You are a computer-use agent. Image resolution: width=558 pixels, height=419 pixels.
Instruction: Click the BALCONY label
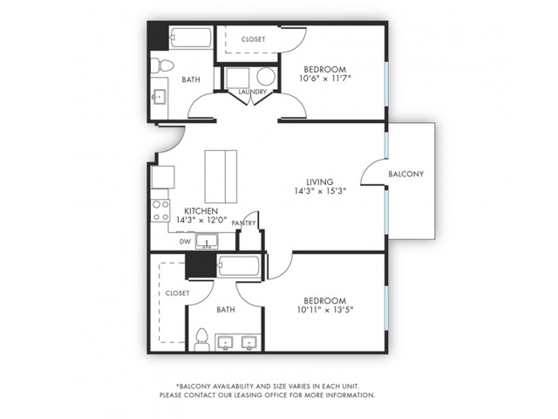405,175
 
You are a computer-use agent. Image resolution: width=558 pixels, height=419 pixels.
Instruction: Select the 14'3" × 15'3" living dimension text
320,191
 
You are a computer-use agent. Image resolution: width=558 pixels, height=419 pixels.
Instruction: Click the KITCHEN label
201,211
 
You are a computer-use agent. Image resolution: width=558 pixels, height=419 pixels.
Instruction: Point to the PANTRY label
244,223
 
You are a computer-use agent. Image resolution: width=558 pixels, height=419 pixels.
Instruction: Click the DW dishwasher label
185,242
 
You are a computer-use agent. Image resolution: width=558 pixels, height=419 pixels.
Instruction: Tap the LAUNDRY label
252,92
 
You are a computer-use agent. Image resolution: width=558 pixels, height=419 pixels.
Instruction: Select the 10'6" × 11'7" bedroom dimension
325,79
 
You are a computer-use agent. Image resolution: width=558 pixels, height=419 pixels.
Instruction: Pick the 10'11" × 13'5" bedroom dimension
325,310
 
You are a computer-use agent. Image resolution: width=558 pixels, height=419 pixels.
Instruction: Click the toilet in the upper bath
162,65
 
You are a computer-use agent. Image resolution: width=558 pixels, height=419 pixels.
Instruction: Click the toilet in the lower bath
201,340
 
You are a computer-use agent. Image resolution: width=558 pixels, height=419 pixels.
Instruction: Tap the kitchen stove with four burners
160,210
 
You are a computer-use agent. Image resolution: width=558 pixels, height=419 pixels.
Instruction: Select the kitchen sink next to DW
207,241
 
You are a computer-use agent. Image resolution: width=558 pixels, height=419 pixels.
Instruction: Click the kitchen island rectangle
221,176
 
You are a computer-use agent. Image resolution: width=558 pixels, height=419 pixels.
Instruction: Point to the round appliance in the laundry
266,77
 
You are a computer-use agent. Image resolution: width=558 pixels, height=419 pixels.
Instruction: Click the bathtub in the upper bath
191,38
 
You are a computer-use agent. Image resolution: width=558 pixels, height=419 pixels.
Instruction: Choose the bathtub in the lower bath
238,265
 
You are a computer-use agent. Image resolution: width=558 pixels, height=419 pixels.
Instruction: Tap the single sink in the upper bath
159,97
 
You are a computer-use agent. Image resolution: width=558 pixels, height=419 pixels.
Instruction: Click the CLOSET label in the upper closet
253,39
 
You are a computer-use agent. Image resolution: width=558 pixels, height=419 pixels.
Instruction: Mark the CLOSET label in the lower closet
177,293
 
